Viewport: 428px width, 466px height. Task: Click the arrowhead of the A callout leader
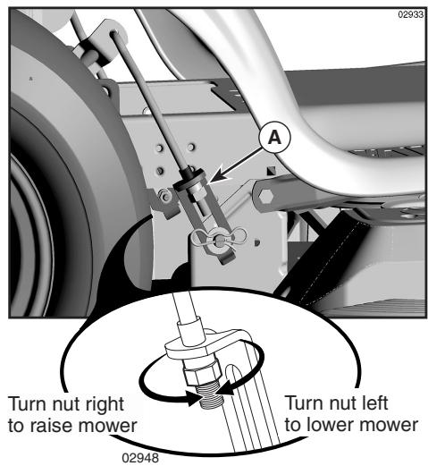[x=213, y=184]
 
